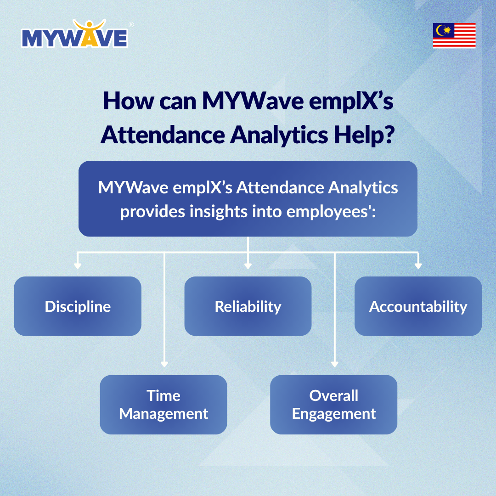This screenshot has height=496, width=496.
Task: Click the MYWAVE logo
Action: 75,34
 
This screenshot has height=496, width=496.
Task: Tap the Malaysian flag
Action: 454,35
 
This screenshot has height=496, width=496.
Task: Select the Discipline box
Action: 78,306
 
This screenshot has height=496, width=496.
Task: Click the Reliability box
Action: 248,306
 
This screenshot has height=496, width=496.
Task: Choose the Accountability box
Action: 418,306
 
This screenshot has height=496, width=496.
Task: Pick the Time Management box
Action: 163,405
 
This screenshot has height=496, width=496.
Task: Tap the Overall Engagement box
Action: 334,405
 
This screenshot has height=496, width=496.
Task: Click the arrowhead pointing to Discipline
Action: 78,266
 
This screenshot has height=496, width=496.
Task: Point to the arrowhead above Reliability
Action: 248,266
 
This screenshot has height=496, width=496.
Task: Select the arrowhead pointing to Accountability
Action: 418,266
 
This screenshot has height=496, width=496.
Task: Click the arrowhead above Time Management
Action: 164,364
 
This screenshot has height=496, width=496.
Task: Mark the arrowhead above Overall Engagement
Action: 335,364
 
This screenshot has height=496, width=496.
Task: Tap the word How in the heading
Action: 128,101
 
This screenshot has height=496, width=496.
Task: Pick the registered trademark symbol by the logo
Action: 131,25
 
